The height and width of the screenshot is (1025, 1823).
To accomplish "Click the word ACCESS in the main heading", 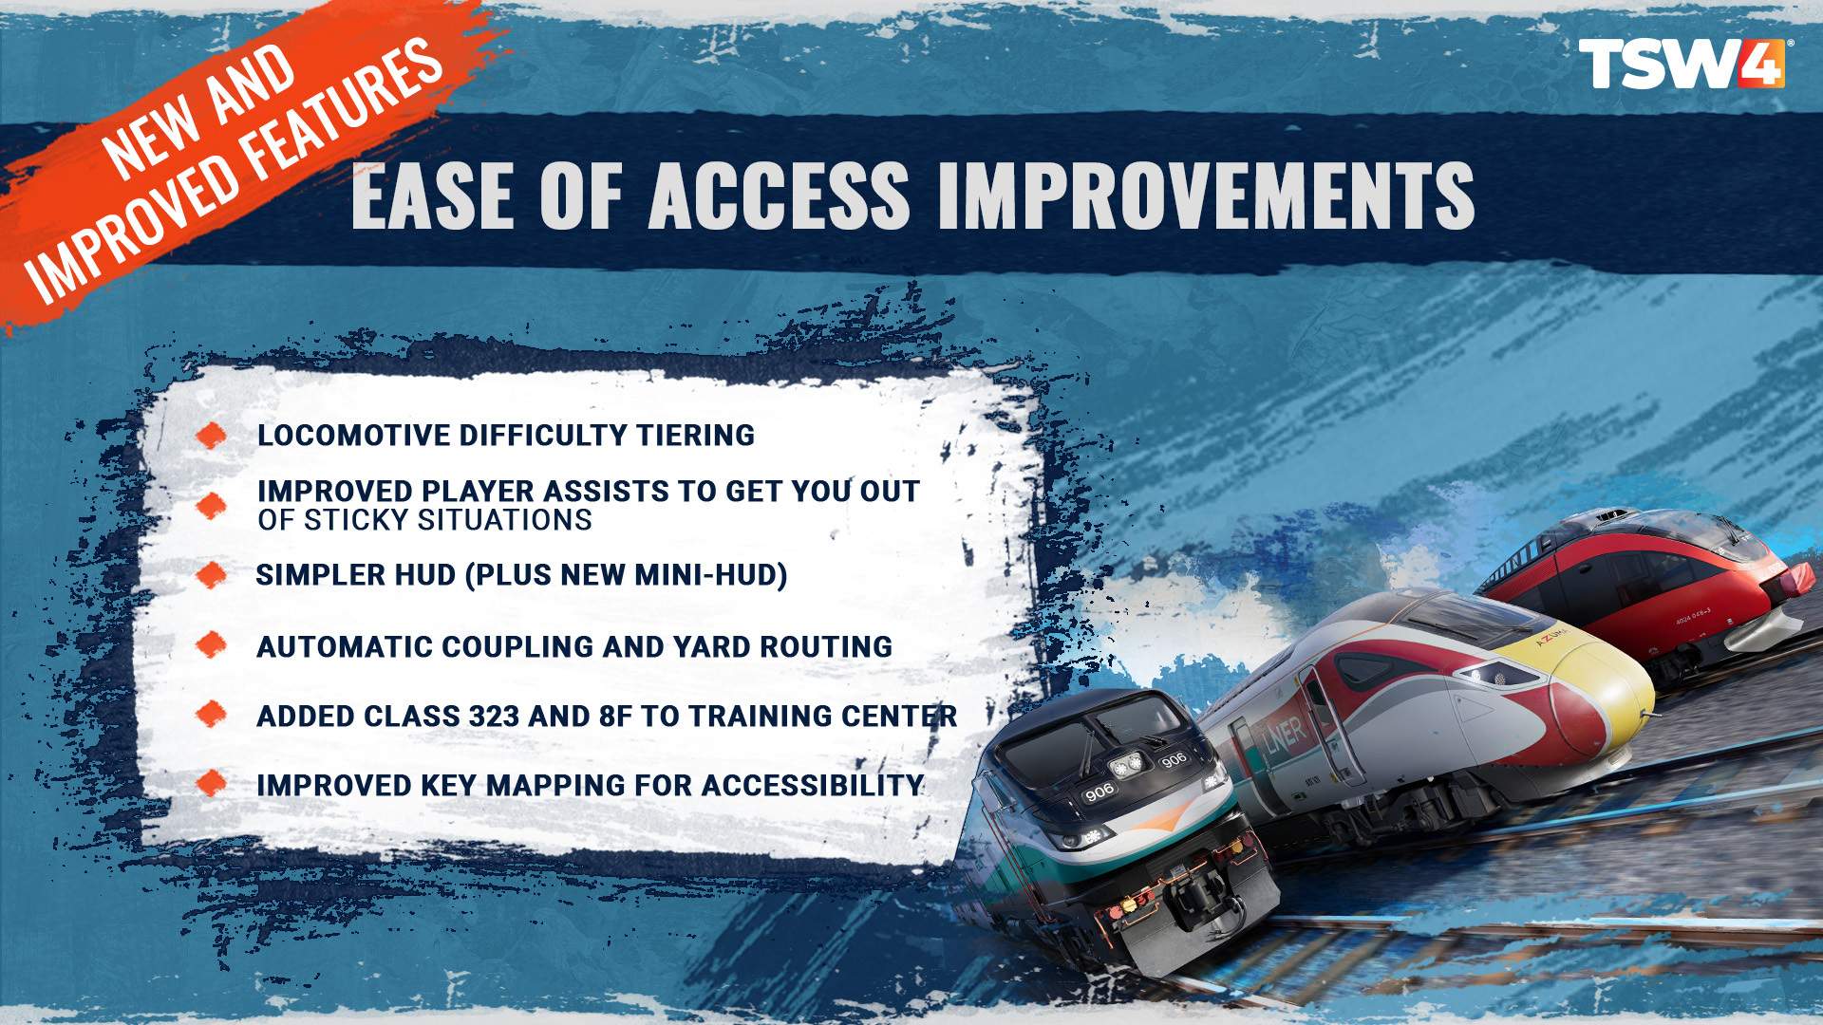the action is [779, 196].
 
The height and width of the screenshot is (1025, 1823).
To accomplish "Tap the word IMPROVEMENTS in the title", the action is [1207, 196].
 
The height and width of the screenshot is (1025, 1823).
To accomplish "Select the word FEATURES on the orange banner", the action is [342, 113].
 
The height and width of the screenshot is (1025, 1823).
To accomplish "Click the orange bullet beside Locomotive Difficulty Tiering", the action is [211, 435].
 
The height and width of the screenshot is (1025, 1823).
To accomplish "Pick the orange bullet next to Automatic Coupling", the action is [211, 645].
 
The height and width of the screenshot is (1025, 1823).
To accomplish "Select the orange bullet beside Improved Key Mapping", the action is [211, 784].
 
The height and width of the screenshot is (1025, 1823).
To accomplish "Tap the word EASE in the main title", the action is [433, 196].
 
